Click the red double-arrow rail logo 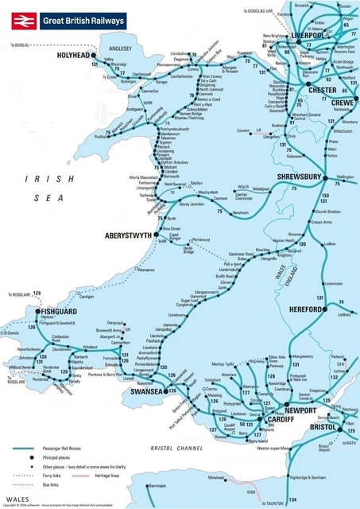pyautogui.click(x=21, y=21)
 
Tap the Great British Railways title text pyautogui.click(x=83, y=21)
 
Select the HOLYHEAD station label pyautogui.click(x=74, y=56)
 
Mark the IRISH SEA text pyautogui.click(x=37, y=192)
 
